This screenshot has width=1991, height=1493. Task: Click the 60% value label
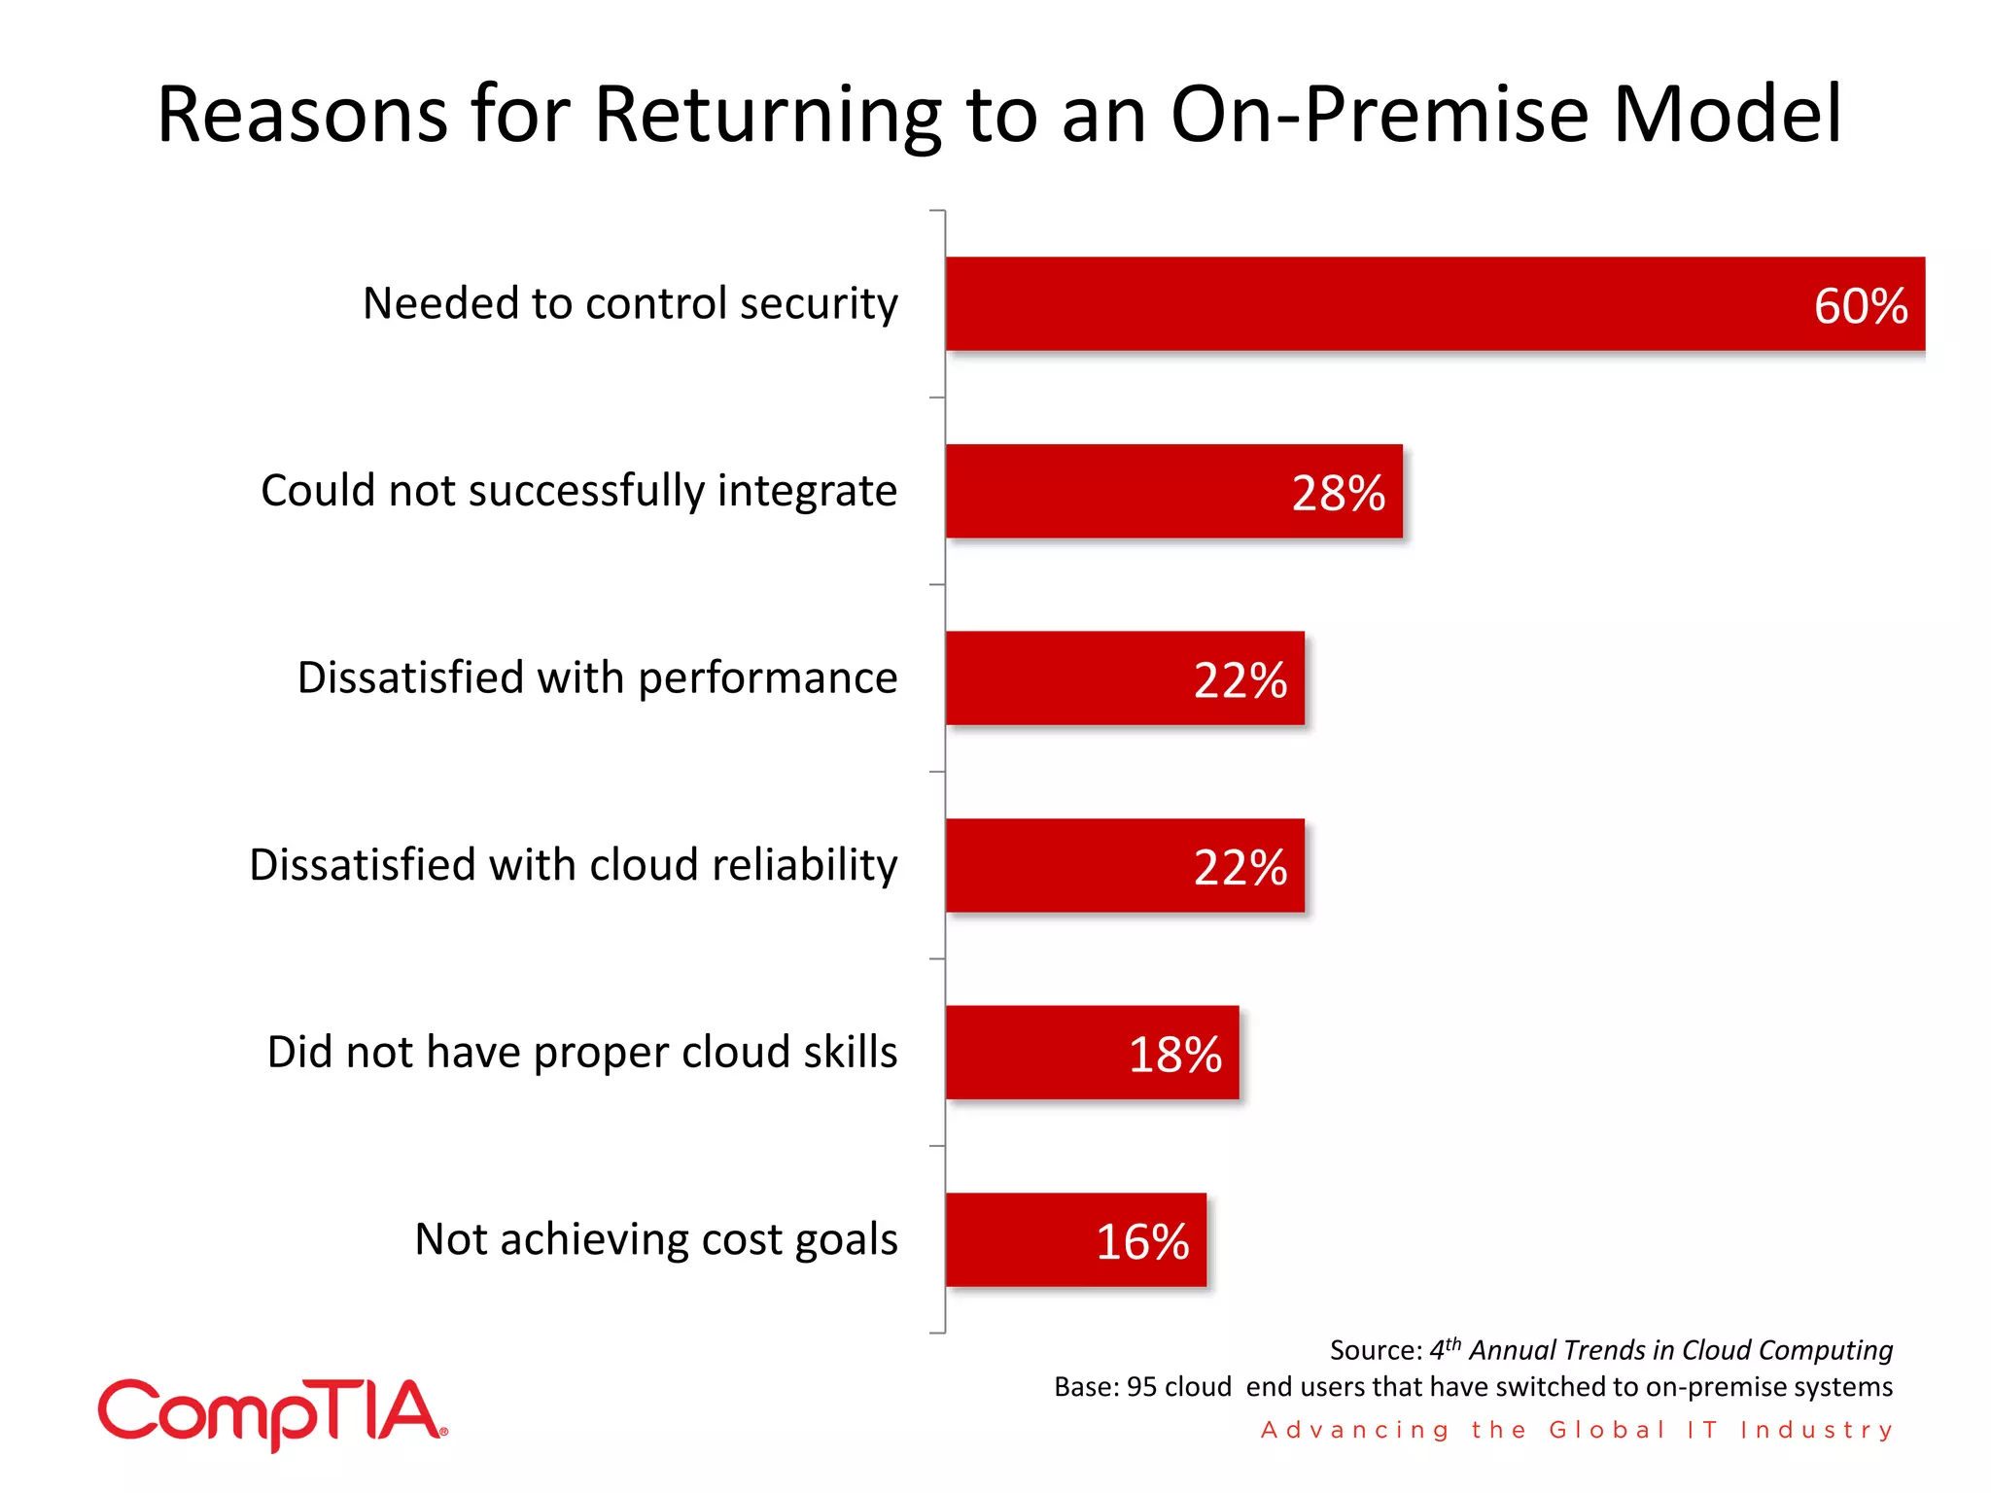coord(1860,306)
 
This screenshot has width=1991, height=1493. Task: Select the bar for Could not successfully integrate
coord(1118,492)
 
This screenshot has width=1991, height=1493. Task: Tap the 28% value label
coord(1338,494)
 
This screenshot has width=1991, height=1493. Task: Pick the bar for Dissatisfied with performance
coord(1069,678)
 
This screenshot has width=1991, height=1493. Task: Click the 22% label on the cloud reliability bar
coord(1240,867)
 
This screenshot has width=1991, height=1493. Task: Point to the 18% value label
coord(1174,1055)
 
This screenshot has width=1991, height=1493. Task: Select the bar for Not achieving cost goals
coord(1021,1240)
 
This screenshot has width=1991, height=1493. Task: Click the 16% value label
coord(1142,1242)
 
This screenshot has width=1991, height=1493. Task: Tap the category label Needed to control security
coord(630,303)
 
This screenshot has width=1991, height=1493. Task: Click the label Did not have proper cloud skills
coord(582,1053)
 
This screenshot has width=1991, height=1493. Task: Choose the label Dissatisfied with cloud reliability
coord(574,865)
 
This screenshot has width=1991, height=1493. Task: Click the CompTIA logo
coord(272,1414)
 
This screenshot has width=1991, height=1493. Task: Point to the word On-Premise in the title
coord(1380,115)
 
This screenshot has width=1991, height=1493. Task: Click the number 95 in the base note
coord(1141,1387)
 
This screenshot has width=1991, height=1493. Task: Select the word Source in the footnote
coord(1374,1351)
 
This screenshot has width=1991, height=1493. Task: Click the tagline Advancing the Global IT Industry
coord(1577,1430)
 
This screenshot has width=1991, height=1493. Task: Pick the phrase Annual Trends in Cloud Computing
coord(1680,1351)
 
